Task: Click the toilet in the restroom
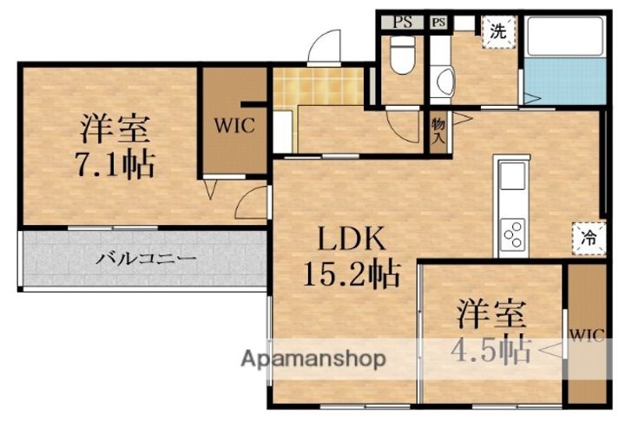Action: click(x=403, y=55)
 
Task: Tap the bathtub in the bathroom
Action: click(x=565, y=36)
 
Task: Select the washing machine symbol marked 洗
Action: click(x=498, y=32)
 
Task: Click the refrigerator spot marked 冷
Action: click(x=589, y=238)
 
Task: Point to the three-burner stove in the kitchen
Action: click(x=513, y=234)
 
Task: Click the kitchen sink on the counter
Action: click(x=513, y=176)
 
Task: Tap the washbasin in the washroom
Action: click(x=445, y=82)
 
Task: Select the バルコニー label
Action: click(x=147, y=260)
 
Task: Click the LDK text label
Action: click(x=352, y=238)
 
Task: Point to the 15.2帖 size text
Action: click(x=352, y=274)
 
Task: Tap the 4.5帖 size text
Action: click(x=492, y=351)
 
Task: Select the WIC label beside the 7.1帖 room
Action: click(x=234, y=126)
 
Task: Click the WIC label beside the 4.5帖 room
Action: click(x=587, y=334)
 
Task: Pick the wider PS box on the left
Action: click(x=402, y=22)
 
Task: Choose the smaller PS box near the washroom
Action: click(x=438, y=22)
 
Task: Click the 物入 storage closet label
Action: click(x=438, y=131)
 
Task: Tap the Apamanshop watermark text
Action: click(x=313, y=359)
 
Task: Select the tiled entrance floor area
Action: click(x=319, y=87)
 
